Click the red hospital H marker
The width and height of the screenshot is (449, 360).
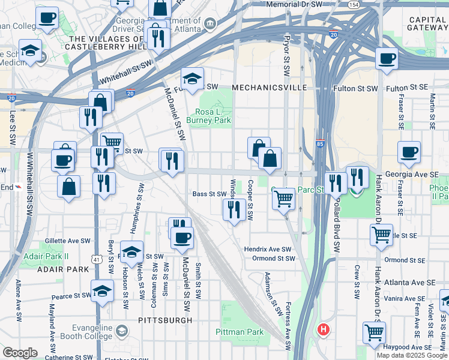point(324,329)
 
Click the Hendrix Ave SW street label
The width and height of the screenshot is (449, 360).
point(267,249)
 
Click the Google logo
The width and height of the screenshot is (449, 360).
point(20,353)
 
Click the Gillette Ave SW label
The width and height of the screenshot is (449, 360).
point(67,241)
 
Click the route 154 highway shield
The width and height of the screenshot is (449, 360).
point(354,5)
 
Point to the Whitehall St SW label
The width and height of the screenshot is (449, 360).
point(125,71)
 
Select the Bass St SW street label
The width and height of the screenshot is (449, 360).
point(209,194)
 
